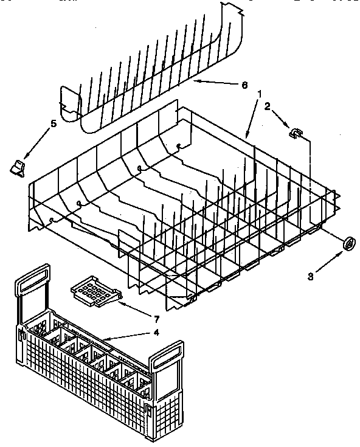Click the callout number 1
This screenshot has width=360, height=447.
(x=260, y=94)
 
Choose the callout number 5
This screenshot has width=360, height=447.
(x=53, y=123)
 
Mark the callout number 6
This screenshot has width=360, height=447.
(x=244, y=85)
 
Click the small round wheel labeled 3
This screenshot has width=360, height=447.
(x=350, y=243)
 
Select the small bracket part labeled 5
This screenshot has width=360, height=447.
(x=18, y=166)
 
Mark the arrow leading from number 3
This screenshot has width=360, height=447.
(x=328, y=261)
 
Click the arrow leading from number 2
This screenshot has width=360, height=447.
(x=280, y=118)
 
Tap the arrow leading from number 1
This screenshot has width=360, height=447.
(x=252, y=116)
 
